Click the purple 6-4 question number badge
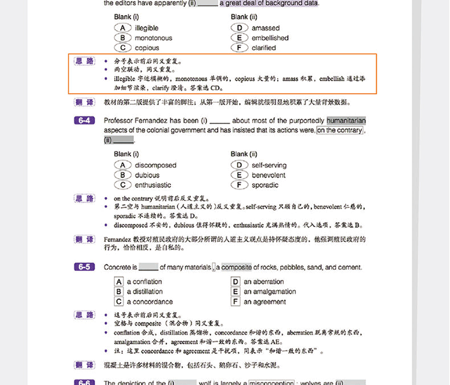coord(85,121)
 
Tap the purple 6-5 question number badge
coord(85,267)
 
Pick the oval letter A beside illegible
coord(122,28)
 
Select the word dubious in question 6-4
coord(147,175)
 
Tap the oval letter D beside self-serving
coord(239,165)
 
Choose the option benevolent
coord(268,175)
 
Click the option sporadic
coord(265,185)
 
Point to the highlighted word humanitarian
coord(346,121)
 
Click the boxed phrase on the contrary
coord(340,130)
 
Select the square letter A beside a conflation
coord(119,282)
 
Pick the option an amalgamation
coord(269,292)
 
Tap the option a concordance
coord(149,302)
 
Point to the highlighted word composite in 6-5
coord(237,267)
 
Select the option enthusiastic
coord(153,185)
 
